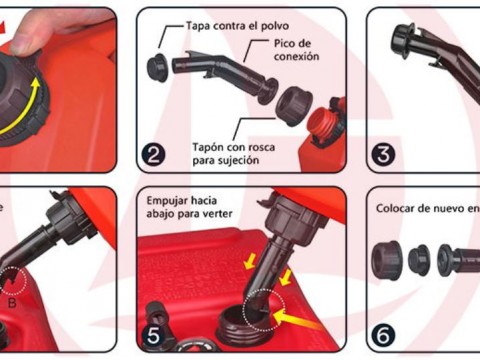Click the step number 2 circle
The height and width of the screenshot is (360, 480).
[x=153, y=154]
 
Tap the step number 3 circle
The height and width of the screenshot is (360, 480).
[x=383, y=155]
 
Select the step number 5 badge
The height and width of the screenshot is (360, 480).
[x=154, y=336]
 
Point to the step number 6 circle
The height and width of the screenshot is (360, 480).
[x=383, y=336]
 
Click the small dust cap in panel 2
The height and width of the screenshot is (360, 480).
[x=158, y=67]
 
